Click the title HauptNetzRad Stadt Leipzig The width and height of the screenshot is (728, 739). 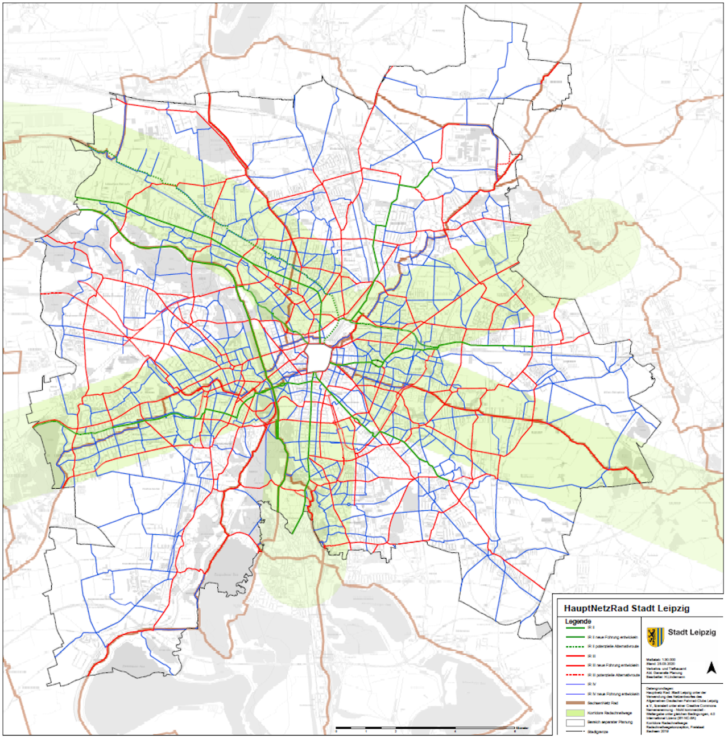coord(626,608)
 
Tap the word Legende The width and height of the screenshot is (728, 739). coord(578,621)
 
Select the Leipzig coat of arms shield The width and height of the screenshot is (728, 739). coord(655,637)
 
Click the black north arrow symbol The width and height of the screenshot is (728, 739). coord(711,668)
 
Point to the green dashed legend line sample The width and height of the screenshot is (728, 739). coord(576,646)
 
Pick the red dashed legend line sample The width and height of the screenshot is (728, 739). coord(576,675)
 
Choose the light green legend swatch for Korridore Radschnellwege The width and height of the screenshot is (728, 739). coord(576,712)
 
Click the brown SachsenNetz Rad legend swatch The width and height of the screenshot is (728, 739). coord(576,703)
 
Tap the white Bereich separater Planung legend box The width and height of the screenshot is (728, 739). coord(576,722)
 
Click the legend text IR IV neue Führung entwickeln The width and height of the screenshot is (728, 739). coord(613,694)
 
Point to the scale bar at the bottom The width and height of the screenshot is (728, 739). coord(427,728)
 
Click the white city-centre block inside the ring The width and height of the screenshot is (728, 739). coord(319,358)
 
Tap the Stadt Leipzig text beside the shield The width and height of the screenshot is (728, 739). coord(692,632)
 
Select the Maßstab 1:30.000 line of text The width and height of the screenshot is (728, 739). coord(661,660)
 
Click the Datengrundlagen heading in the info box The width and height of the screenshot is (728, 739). coord(660,688)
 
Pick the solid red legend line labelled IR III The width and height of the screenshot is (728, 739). coord(576,656)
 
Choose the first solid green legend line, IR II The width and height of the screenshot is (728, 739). coord(576,627)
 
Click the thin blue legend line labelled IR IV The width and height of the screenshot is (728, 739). coord(576,684)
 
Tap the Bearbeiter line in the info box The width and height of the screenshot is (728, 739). coord(665,677)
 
